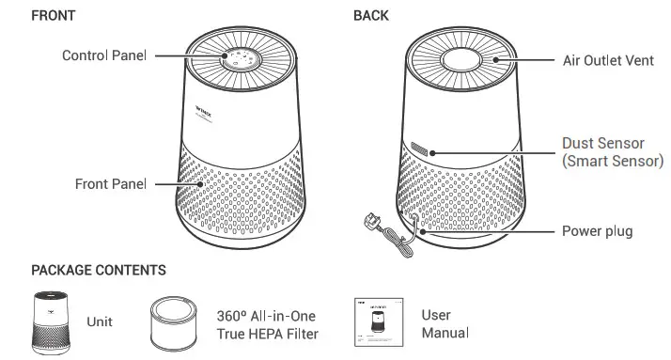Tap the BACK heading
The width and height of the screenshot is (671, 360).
[x=371, y=16]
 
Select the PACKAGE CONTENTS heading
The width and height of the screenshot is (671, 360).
[x=99, y=270]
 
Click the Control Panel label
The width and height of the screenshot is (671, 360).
[x=104, y=55]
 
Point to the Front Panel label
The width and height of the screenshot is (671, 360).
[x=111, y=184]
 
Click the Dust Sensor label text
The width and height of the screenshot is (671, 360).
[x=602, y=144]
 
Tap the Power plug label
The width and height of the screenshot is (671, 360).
[x=597, y=230]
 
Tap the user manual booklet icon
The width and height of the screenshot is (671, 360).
[x=373, y=323]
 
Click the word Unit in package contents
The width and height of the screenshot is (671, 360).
[x=100, y=322]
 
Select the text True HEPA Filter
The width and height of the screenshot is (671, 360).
[x=267, y=334]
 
